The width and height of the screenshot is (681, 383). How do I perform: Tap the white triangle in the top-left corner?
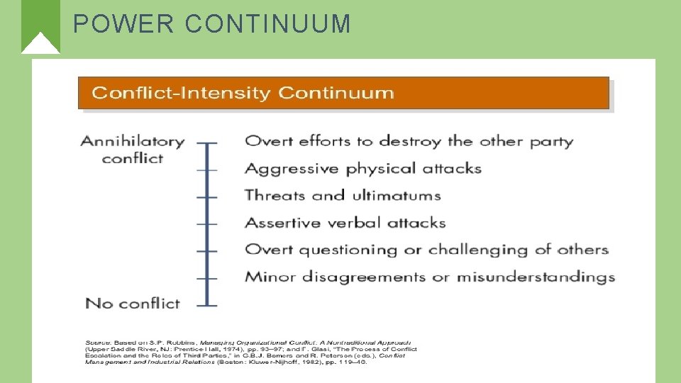[x=40, y=43]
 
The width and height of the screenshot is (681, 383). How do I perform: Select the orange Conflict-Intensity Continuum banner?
[x=343, y=93]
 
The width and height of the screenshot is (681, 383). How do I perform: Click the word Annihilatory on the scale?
[x=133, y=141]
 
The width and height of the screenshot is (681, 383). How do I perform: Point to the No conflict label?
[x=133, y=304]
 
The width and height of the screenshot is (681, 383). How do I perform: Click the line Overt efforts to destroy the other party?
[x=409, y=141]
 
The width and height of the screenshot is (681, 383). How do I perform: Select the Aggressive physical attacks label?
[x=363, y=169]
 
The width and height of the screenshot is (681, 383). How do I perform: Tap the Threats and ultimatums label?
[x=343, y=196]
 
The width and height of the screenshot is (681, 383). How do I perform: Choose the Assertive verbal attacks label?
[x=345, y=223]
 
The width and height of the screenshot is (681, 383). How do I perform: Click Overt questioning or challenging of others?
[x=426, y=250]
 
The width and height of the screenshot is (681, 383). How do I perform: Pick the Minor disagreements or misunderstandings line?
[x=430, y=277]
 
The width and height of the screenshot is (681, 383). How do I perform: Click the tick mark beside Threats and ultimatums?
[x=206, y=196]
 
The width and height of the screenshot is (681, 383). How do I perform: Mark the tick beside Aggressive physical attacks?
[x=206, y=170]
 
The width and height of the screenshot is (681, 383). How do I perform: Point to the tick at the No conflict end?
[x=206, y=305]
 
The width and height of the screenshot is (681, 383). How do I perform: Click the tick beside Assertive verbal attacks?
[x=206, y=223]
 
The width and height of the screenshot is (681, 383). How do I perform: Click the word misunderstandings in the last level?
[x=536, y=277]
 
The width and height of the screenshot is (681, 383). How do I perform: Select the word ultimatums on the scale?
[x=395, y=196]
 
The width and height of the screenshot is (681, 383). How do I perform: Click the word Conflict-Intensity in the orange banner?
[x=182, y=93]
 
